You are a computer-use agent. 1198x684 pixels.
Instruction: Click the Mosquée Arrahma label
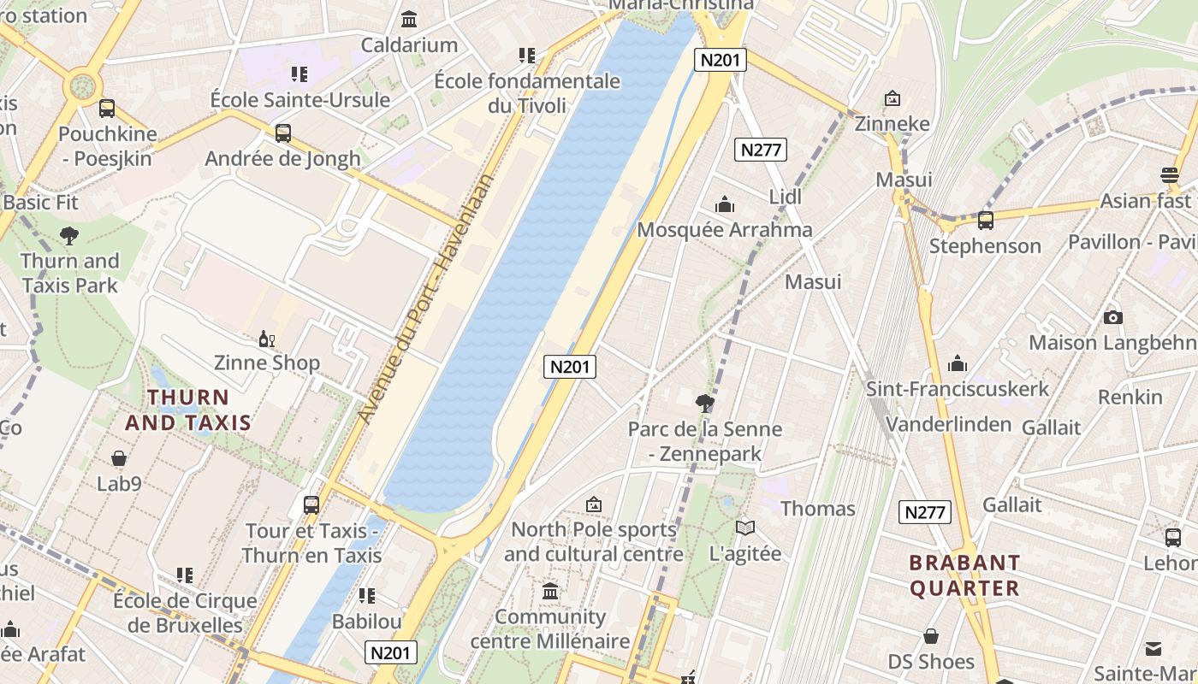point(725,230)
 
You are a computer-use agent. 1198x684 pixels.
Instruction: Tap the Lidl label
point(785,197)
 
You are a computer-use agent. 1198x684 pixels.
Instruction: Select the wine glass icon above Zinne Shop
point(267,339)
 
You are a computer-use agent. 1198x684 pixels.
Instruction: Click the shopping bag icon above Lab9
point(119,459)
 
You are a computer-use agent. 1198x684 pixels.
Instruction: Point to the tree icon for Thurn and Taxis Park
point(69,236)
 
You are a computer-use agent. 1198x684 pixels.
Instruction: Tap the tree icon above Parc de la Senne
point(705,403)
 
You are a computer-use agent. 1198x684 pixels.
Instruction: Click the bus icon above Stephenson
point(986,221)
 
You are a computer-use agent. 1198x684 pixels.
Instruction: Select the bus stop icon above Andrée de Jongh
point(282,133)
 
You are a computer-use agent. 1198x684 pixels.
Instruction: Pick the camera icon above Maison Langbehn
point(1112,317)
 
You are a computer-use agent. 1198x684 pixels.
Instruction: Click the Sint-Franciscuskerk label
point(958,389)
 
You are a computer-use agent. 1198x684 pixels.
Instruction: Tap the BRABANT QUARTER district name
point(964,575)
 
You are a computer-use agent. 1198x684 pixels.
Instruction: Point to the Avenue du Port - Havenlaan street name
point(427,299)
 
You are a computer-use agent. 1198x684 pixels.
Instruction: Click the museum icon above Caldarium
point(409,19)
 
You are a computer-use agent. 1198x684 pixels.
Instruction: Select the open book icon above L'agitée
point(745,528)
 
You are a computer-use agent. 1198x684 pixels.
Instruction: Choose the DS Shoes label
point(931,662)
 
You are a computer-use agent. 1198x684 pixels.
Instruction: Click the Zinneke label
point(893,124)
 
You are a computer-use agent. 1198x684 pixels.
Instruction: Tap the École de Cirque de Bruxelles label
point(185,613)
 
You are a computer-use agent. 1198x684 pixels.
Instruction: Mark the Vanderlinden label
point(948,425)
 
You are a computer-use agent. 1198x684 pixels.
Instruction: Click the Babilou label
point(367,621)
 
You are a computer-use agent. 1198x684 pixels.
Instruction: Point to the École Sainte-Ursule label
point(300,100)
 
